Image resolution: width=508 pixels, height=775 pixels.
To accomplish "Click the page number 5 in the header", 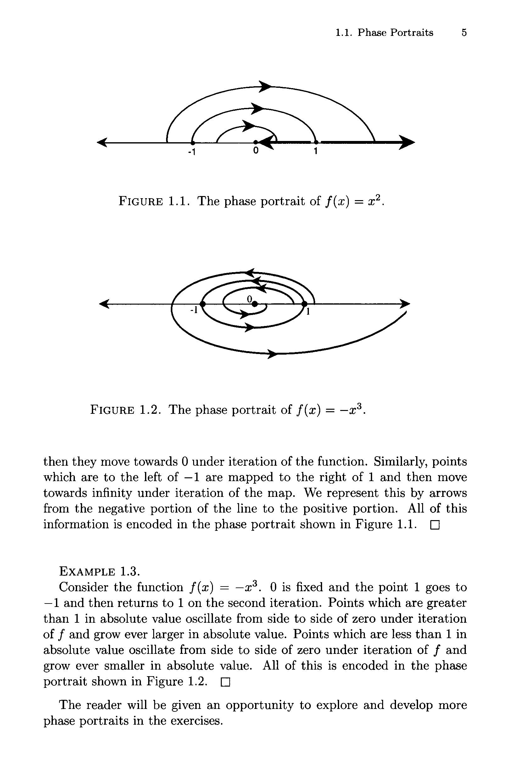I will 464,32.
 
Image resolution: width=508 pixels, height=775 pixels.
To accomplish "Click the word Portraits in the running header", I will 412,32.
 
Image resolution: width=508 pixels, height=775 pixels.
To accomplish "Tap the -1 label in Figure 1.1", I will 192,152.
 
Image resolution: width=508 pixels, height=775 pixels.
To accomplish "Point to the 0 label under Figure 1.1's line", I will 256,151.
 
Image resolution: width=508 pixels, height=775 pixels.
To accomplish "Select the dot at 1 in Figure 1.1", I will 316,142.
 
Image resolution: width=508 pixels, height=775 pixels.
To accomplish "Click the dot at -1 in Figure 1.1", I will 193,142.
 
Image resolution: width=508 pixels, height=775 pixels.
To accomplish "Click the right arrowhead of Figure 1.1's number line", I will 407,142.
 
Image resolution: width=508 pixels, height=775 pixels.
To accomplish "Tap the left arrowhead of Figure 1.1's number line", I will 103,142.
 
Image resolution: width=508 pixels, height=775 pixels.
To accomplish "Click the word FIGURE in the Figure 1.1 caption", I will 141,202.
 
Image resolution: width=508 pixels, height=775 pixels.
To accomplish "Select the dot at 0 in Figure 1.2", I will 254,304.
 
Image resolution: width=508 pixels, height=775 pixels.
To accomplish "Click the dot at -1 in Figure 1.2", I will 203,304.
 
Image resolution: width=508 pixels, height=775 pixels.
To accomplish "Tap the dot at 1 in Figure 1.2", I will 304,304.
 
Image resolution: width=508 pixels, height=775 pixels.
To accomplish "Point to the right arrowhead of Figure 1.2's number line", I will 405,304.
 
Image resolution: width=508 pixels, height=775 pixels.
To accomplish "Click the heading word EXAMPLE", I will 87,571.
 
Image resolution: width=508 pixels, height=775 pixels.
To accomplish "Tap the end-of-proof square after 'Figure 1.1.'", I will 435,525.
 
